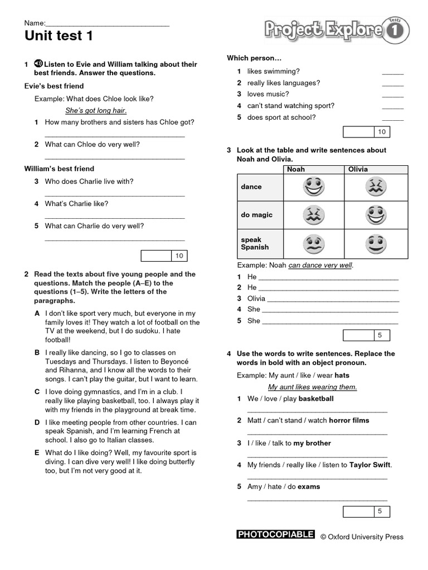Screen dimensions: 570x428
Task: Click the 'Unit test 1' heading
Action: pos(59,37)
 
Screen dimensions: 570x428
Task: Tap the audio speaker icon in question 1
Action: pos(38,64)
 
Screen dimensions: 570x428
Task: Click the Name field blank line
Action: pos(107,24)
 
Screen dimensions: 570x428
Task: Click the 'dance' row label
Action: pos(251,187)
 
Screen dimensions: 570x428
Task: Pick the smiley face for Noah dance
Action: pos(314,187)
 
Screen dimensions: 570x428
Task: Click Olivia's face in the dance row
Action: pos(376,187)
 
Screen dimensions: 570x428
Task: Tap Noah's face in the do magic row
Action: pos(314,215)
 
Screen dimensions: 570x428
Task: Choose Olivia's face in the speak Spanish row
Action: pos(376,244)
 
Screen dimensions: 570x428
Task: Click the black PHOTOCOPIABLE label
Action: pos(276,535)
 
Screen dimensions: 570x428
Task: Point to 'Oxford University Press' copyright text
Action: pos(362,537)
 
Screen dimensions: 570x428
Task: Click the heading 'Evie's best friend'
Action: pos(55,86)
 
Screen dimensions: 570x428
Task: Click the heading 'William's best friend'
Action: pos(60,169)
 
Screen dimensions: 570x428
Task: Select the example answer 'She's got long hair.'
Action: pos(96,110)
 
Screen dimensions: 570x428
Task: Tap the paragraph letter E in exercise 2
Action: pos(37,453)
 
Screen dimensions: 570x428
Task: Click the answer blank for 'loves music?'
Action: pos(392,95)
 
